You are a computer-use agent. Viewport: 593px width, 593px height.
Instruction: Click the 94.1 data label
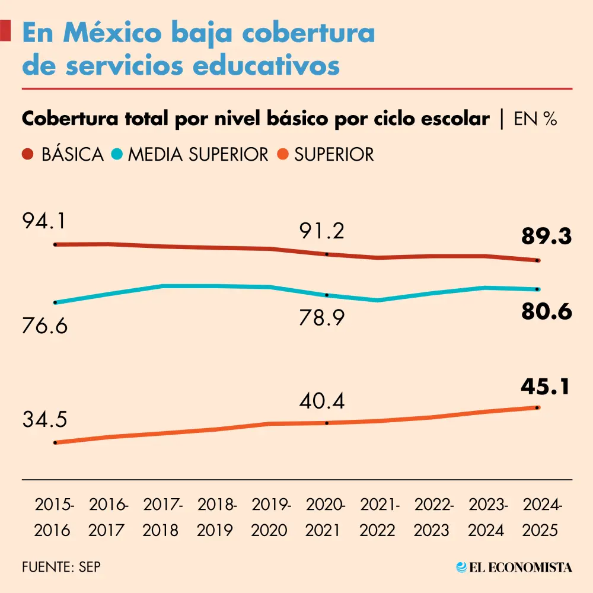[x=44, y=222]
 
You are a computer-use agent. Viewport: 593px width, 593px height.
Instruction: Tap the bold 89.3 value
[x=546, y=237]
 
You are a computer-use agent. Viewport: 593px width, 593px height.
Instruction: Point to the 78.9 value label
[x=321, y=319]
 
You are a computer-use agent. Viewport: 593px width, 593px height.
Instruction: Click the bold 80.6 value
[x=546, y=312]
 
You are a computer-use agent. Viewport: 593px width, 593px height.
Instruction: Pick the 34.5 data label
[x=45, y=420]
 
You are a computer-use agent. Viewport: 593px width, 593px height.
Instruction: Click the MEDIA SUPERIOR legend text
[x=198, y=155]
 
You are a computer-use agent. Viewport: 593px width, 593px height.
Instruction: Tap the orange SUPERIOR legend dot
[x=282, y=155]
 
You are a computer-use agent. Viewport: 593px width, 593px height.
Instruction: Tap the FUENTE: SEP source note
[x=61, y=566]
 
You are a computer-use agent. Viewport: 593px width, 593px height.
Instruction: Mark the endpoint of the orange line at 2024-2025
[x=538, y=407]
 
